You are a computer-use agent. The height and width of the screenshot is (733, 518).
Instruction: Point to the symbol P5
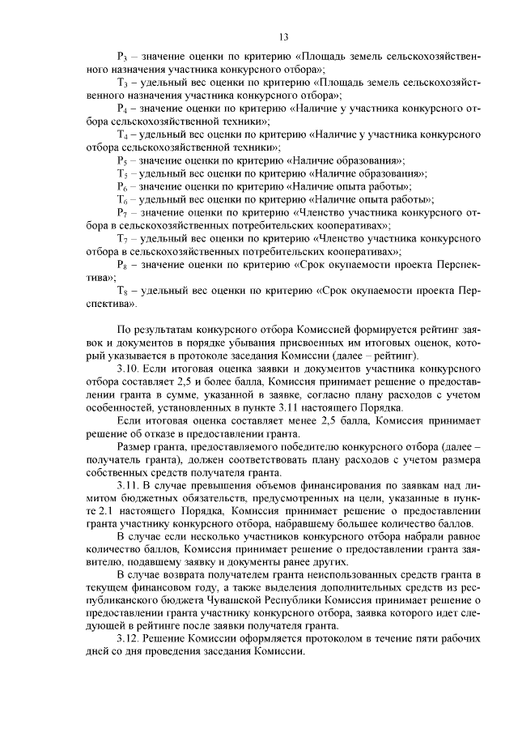pos(122,160)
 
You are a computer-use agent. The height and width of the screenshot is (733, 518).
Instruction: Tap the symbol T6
pos(123,199)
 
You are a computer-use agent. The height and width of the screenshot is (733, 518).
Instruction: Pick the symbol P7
pos(122,212)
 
